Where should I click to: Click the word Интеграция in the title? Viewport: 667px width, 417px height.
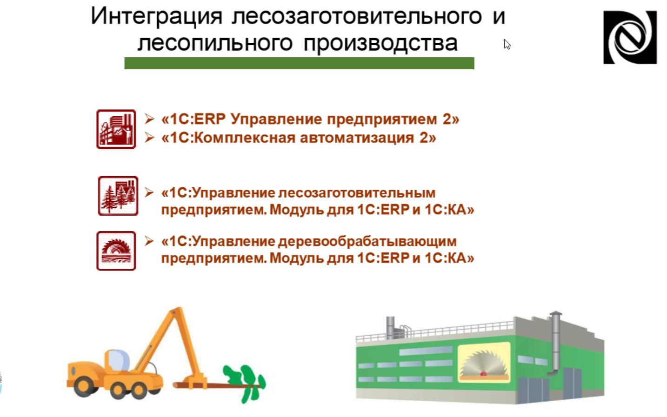click(157, 17)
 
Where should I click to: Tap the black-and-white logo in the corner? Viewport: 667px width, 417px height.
click(630, 37)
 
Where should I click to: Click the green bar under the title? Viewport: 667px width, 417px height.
click(299, 63)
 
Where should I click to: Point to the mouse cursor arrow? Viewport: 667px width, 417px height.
click(507, 44)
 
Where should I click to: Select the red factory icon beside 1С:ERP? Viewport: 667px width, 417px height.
click(116, 129)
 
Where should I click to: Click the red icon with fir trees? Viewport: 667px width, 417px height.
click(118, 196)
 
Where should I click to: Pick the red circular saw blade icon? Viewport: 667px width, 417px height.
click(116, 251)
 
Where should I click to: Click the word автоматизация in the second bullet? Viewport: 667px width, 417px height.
click(357, 138)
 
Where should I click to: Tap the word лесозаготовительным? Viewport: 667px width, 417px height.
click(357, 193)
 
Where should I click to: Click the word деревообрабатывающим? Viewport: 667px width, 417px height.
click(367, 242)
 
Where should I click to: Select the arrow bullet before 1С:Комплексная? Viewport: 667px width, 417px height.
click(149, 138)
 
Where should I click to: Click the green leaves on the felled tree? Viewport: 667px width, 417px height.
click(245, 383)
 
